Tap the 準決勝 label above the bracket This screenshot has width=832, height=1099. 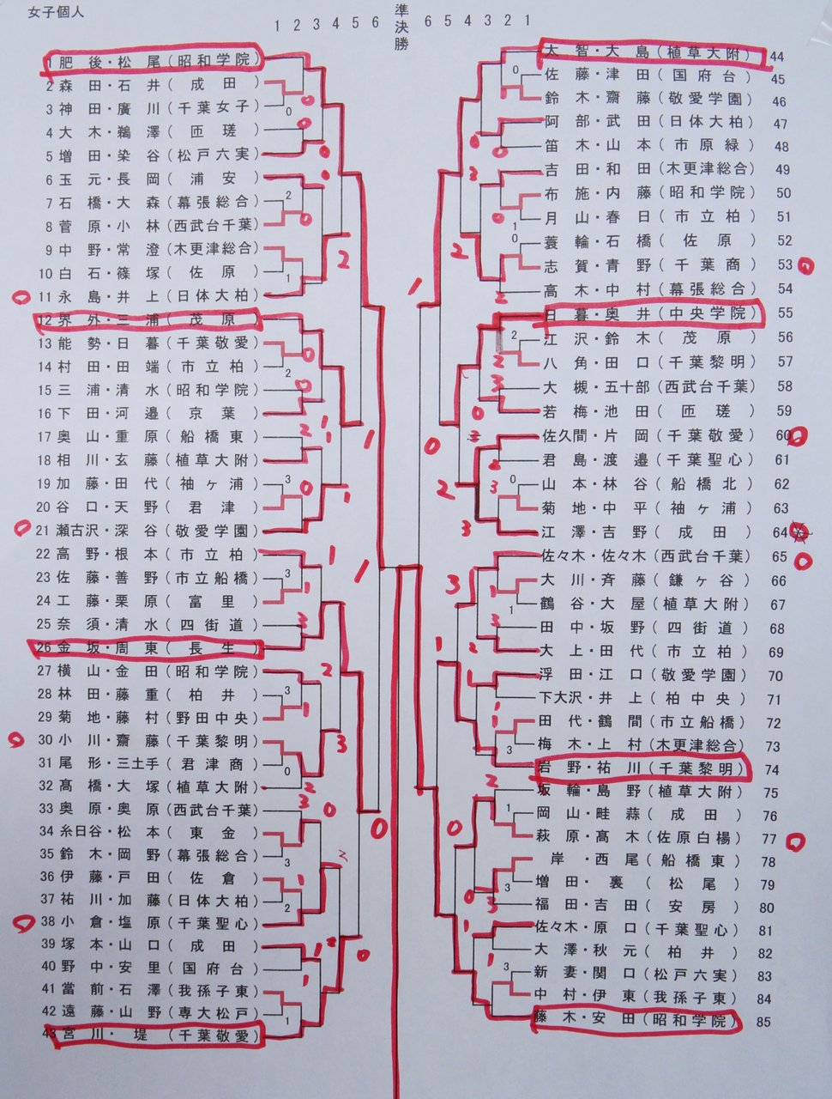click(x=401, y=26)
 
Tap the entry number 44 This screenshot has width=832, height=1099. click(x=778, y=57)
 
